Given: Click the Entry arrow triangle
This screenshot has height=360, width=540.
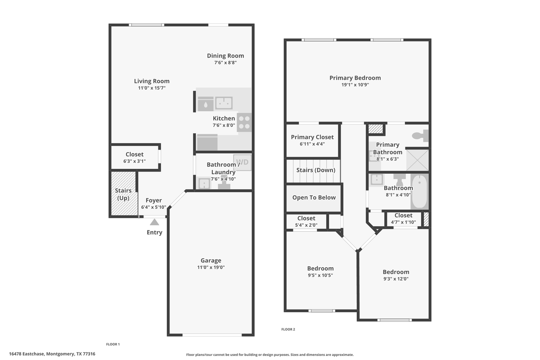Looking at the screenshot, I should point(154,221).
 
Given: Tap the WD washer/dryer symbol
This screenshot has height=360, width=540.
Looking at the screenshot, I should point(242,162).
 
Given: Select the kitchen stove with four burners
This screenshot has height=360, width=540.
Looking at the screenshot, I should point(244,122).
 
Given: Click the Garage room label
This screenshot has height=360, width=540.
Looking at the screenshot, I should point(211,261).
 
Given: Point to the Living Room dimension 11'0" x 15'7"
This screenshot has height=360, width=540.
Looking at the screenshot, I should point(152,89).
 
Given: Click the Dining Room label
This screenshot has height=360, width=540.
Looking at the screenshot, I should point(225,56).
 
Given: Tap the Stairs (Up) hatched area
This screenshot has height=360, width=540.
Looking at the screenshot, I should point(123,194).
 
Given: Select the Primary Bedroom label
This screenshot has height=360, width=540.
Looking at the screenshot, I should point(355,78).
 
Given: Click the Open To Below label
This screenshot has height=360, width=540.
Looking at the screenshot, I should point(314,198).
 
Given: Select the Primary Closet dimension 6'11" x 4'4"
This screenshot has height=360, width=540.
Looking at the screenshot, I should point(312,144).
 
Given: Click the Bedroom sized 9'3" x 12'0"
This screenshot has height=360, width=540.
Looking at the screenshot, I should point(396,272).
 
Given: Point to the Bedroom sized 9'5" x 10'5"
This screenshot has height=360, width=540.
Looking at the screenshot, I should point(320,268).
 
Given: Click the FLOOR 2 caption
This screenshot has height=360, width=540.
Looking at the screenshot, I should point(288,329).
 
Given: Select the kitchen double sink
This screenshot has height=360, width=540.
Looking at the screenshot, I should point(224,103).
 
